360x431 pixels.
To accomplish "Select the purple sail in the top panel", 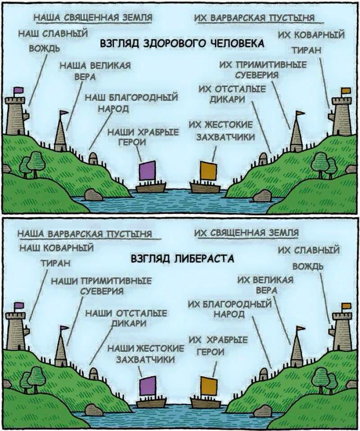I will coord(148,170).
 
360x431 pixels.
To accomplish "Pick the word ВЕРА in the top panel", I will coord(85,77).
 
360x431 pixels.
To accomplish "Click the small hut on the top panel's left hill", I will coord(93,157).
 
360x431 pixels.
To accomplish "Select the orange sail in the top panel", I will coord(208,170).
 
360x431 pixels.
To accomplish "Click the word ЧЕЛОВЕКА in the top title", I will coord(237,44).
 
